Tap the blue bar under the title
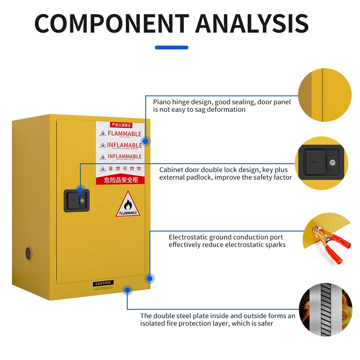coord(172,47)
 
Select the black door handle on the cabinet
coord(76,201)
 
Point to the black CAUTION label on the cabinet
coord(103,283)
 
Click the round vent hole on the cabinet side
coord(28,253)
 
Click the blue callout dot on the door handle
coord(80,190)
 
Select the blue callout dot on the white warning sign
coord(145,141)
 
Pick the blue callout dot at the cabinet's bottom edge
coord(127,290)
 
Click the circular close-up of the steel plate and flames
coord(325,310)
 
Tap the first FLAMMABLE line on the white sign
coord(124,134)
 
